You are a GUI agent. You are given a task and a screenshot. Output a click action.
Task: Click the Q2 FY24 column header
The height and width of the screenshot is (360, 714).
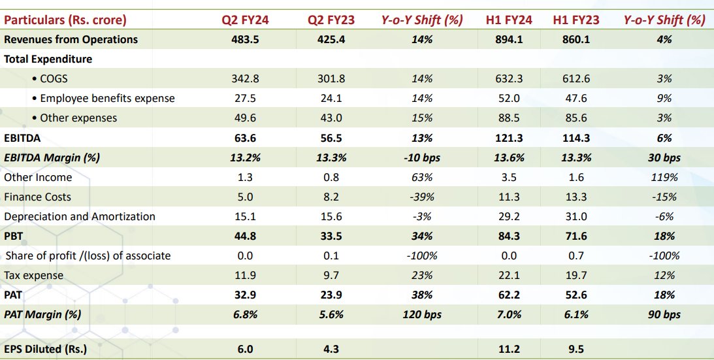click(246, 20)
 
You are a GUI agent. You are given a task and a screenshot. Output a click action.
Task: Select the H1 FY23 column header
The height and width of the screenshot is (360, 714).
click(576, 20)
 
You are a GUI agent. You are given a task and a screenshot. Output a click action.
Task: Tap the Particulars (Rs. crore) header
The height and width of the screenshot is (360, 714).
click(65, 20)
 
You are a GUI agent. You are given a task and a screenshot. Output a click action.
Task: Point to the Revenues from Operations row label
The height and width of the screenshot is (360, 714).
click(71, 39)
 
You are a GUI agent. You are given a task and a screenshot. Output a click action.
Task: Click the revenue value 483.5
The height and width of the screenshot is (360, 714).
click(246, 39)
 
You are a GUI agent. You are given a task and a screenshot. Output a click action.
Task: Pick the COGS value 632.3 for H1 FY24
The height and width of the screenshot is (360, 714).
click(510, 79)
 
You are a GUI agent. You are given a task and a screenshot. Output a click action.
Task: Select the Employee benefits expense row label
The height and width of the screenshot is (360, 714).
click(107, 99)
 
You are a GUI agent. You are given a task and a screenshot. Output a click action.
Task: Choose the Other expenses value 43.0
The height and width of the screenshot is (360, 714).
click(331, 118)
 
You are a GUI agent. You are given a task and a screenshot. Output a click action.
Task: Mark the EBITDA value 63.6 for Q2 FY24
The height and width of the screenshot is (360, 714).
click(246, 138)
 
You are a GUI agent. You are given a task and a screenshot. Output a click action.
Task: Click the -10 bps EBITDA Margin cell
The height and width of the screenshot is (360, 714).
click(422, 157)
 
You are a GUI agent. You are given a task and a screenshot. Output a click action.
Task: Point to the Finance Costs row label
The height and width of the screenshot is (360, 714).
click(37, 197)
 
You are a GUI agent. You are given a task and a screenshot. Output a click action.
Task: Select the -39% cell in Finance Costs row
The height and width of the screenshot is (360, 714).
click(422, 197)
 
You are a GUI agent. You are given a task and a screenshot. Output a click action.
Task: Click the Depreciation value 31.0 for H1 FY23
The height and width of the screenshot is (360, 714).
click(576, 216)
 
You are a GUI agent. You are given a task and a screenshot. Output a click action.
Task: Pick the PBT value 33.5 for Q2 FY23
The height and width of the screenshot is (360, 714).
click(331, 236)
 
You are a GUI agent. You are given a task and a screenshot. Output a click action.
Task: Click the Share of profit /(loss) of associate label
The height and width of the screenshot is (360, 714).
click(88, 255)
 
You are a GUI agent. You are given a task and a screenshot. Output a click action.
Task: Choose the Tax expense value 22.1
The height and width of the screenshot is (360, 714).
click(510, 275)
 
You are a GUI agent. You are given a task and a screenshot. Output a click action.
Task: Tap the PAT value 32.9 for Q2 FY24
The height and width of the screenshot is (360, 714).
click(246, 295)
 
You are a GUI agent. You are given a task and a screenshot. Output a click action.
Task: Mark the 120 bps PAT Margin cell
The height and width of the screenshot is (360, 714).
click(422, 314)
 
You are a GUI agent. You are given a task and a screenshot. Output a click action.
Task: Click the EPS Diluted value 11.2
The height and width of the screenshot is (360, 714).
click(510, 350)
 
